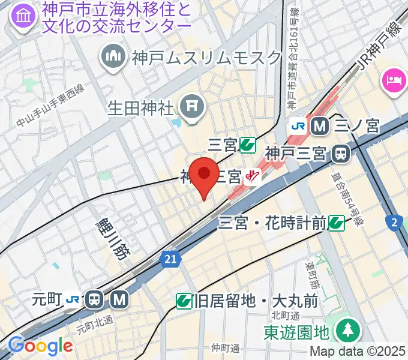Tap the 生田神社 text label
[x=140, y=108]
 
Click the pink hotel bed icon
[x=394, y=80]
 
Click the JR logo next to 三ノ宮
[x=298, y=126]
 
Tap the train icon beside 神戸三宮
[x=341, y=154]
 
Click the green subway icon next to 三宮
[x=247, y=145]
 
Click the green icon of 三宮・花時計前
[x=336, y=223]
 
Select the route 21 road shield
[x=171, y=259]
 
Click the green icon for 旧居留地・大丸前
[x=184, y=301]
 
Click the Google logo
[x=40, y=346]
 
